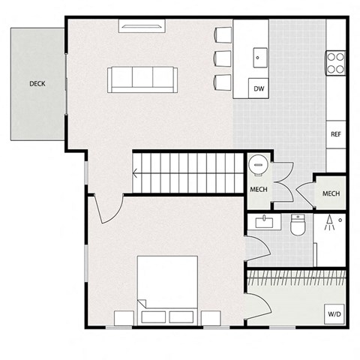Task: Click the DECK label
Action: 37,83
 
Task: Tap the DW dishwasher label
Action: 259,89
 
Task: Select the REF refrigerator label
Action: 336,134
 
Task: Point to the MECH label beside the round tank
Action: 259,189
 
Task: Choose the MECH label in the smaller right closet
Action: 331,193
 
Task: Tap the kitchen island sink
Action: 259,55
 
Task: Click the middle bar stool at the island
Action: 223,58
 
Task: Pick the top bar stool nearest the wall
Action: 223,34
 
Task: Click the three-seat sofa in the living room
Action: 142,78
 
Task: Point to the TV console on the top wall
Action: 142,27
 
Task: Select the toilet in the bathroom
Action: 297,223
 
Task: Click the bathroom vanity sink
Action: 264,222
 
